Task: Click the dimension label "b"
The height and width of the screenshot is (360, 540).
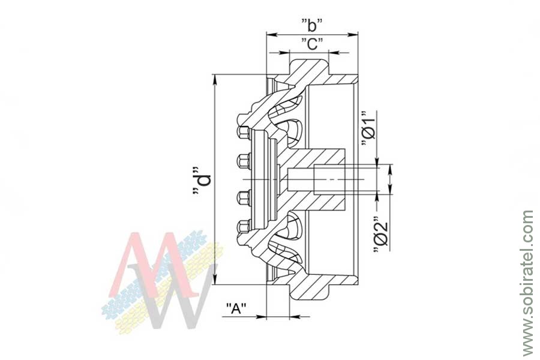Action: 312,25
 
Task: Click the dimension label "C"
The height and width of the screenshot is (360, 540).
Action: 312,44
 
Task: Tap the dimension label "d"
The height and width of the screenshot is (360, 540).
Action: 202,182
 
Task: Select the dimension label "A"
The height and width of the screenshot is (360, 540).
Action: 236,308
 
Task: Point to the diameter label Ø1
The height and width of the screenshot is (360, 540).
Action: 367,128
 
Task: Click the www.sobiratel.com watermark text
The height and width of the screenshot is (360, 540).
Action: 527,283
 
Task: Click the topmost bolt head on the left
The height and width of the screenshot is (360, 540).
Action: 243,133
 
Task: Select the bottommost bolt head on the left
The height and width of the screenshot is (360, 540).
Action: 243,227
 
